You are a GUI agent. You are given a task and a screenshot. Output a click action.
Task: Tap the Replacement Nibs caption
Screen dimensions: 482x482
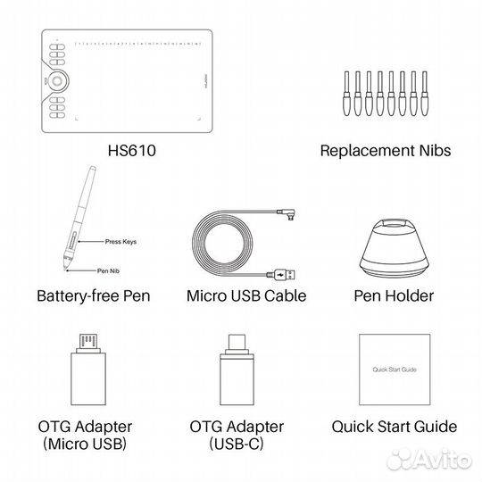click(x=386, y=152)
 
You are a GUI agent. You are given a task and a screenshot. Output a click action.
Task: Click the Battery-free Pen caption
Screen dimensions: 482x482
click(x=94, y=295)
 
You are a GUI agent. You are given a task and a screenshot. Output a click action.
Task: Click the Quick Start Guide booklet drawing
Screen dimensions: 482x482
click(x=389, y=367)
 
